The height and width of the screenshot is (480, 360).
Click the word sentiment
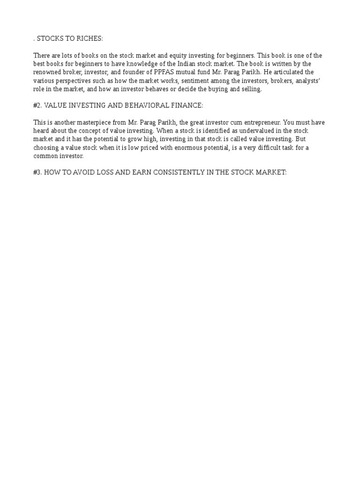(x=191, y=81)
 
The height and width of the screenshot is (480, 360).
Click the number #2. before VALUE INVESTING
(x=37, y=106)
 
